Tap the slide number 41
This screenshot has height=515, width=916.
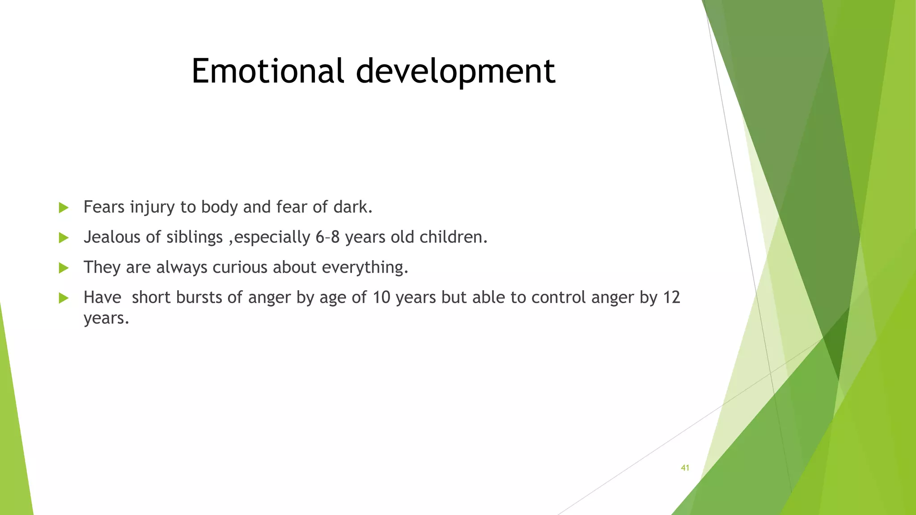685,468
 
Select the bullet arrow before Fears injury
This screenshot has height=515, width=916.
64,207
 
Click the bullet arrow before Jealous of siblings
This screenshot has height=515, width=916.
64,237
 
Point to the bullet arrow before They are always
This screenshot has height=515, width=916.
64,268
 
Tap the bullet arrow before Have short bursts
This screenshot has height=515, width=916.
64,298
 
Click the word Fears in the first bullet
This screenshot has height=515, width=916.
104,207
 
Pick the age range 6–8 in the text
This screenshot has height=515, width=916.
327,237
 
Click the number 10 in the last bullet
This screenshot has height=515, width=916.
382,298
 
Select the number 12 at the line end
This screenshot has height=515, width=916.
671,298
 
